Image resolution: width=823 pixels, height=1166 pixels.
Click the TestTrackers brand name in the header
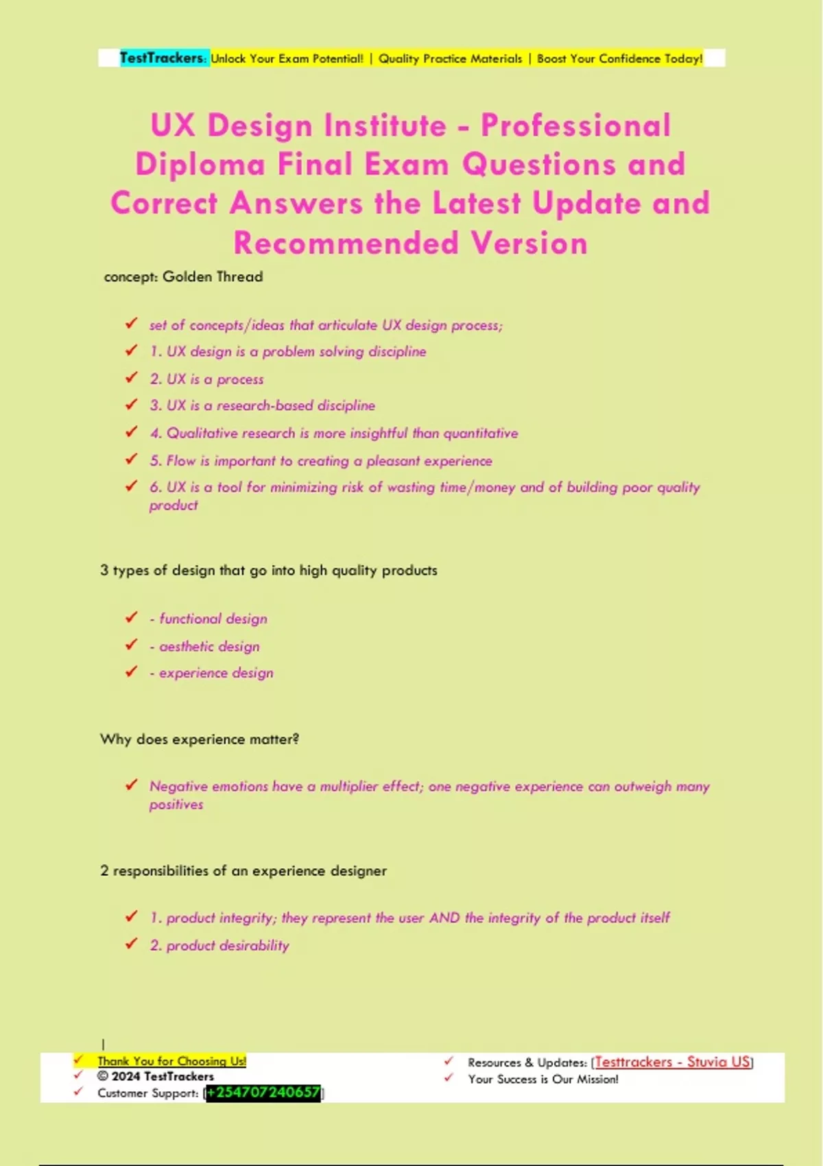point(163,58)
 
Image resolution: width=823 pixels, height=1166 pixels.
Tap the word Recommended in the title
point(346,243)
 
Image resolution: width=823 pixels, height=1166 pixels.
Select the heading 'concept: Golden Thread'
point(183,277)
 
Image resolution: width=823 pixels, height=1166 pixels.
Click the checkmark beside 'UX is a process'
point(131,377)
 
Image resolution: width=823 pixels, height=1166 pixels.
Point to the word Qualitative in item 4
point(197,433)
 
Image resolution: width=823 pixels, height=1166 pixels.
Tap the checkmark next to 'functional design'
point(131,617)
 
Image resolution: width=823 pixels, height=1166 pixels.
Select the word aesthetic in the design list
point(186,647)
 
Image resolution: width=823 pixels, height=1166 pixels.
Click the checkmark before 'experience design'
point(131,671)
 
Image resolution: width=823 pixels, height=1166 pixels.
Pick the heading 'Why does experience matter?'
point(199,739)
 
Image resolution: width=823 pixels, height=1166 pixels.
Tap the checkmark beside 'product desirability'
point(131,944)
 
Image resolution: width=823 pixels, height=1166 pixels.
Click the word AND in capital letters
point(444,918)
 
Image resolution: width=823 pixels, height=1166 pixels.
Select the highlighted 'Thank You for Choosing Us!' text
point(171,1061)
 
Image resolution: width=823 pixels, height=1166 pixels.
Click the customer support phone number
point(263,1093)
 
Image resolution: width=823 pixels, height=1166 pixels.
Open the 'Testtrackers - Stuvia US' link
point(672,1062)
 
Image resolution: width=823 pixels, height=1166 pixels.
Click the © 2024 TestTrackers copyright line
point(156,1077)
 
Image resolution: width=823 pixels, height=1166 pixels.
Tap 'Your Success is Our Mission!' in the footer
point(543,1080)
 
